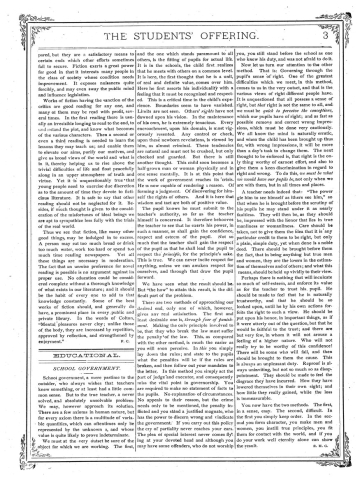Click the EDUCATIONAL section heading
tap(68, 324)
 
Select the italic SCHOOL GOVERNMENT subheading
tap(68, 339)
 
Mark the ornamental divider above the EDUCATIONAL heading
tap(68, 316)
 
